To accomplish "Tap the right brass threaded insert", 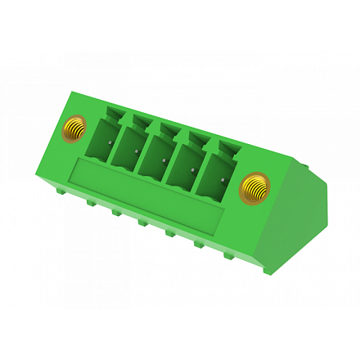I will point(256,187).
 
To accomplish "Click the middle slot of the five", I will point(155,157).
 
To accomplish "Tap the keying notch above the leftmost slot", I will point(114,112).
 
